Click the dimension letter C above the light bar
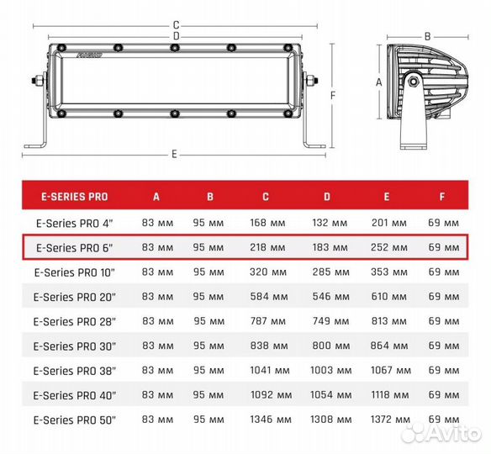click(x=176, y=25)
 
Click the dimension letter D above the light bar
click(x=177, y=36)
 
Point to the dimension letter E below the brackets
click(x=174, y=154)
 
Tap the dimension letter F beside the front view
click(x=333, y=95)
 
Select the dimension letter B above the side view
click(x=427, y=37)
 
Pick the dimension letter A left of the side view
click(x=379, y=82)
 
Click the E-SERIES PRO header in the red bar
click(x=75, y=197)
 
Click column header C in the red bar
click(x=266, y=197)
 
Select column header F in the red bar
click(x=442, y=197)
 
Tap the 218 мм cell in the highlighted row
click(x=267, y=247)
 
